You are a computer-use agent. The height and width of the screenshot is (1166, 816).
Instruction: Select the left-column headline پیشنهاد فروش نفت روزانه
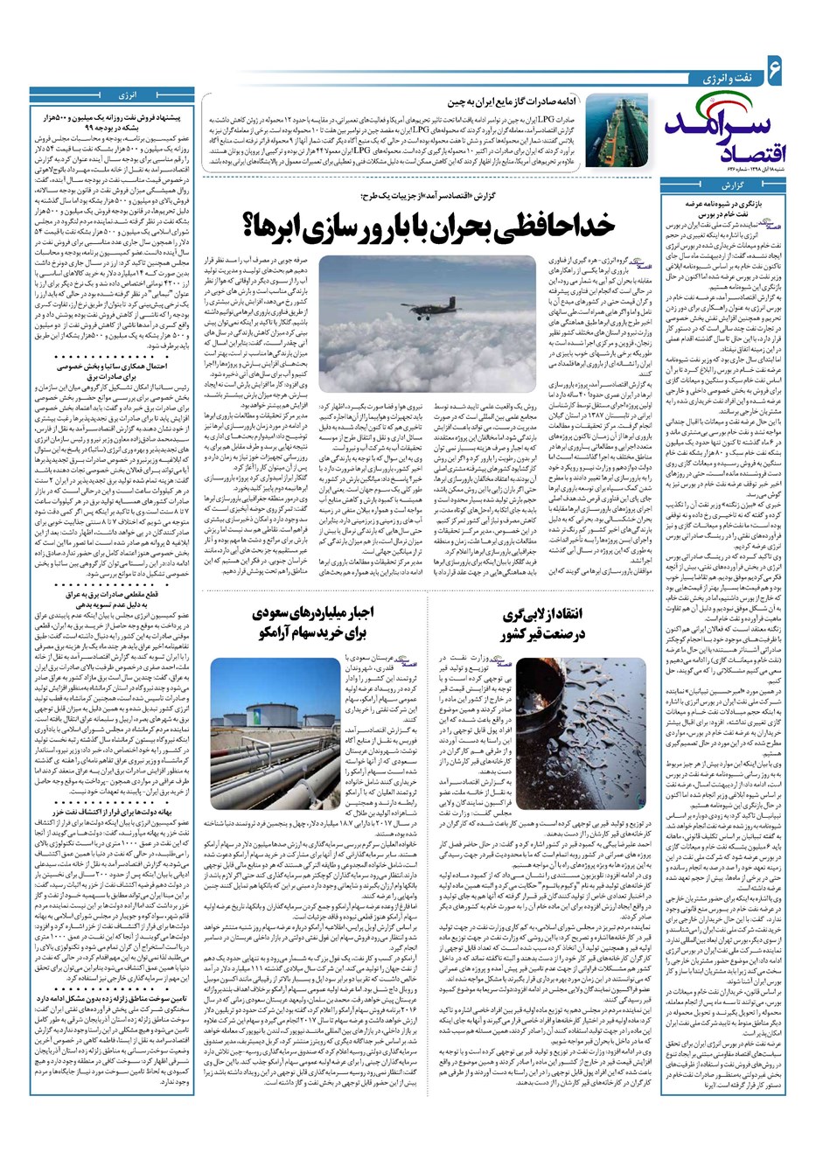(x=110, y=121)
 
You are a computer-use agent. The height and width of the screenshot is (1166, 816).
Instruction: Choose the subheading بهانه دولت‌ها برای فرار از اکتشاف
(x=110, y=813)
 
